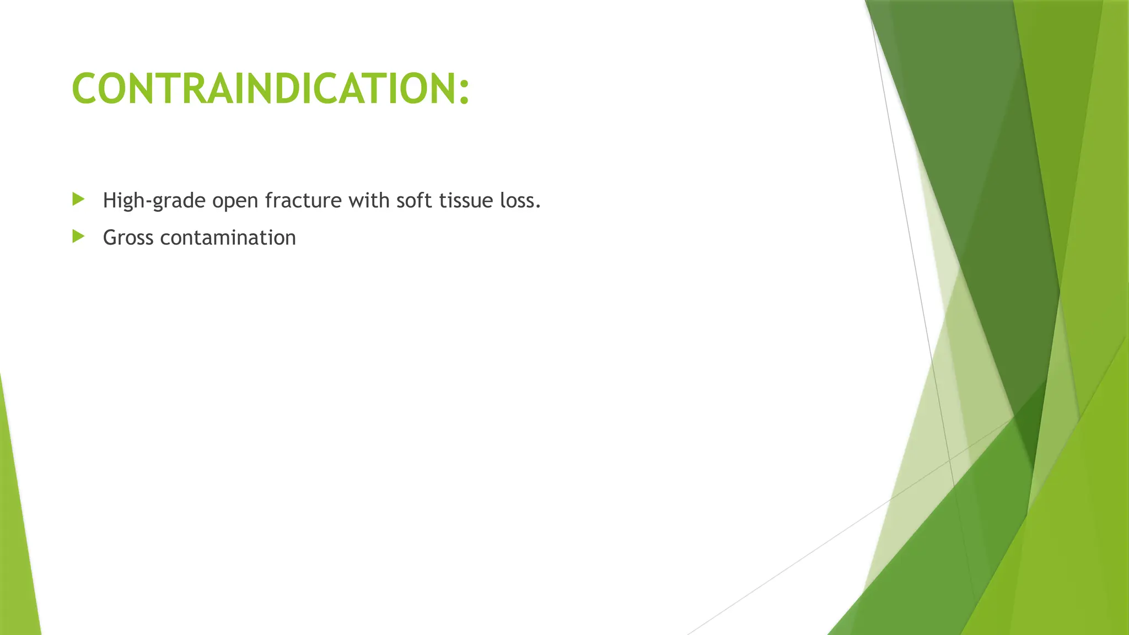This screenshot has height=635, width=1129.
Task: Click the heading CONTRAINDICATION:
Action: (270, 89)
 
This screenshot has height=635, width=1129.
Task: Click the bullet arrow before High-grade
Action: (79, 199)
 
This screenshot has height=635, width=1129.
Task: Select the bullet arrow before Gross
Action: (79, 236)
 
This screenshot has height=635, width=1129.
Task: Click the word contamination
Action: (228, 238)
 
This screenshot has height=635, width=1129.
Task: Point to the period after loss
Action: (538, 207)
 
